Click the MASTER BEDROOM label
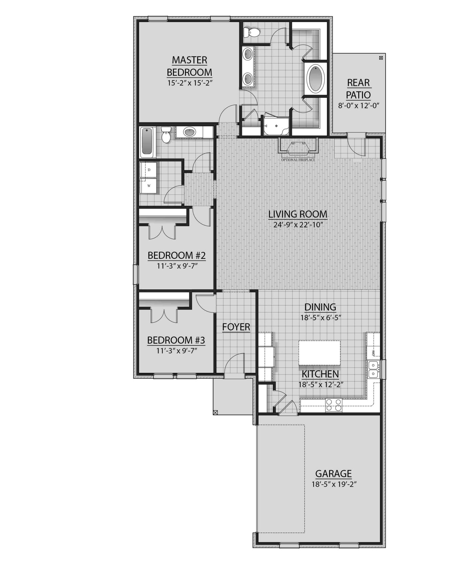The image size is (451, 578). [189, 66]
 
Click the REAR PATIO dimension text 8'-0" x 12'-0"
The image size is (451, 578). [358, 106]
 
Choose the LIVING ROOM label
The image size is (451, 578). [298, 214]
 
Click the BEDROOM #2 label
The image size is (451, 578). [176, 255]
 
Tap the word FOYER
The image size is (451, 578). [236, 327]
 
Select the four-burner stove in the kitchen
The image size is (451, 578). [333, 405]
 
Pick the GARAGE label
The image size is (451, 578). [333, 474]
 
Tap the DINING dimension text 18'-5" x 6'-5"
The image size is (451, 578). [320, 318]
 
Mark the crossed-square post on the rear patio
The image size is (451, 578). [381, 58]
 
